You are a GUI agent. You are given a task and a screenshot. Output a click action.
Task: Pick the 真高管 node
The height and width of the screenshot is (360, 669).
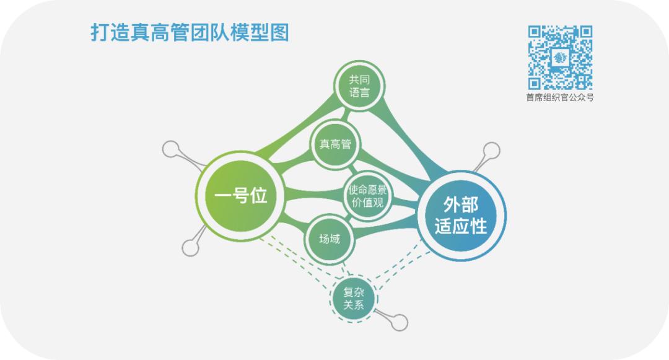tap(335, 144)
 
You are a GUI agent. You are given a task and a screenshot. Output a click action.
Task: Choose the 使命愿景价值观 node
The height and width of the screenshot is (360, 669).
tap(369, 196)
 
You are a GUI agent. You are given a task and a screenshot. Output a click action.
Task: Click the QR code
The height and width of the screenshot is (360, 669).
tap(560, 57)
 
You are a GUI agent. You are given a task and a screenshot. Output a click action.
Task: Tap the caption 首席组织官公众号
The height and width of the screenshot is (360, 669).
tap(560, 97)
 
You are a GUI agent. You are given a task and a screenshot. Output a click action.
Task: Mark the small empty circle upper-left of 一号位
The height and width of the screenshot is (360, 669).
tap(171, 150)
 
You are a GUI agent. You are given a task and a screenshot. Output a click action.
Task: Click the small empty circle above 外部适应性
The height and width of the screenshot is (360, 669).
tap(491, 151)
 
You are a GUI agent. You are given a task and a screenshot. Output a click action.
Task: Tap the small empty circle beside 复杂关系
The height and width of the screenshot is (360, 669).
tap(400, 322)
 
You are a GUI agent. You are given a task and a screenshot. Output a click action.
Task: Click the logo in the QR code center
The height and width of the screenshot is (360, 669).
tap(560, 58)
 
